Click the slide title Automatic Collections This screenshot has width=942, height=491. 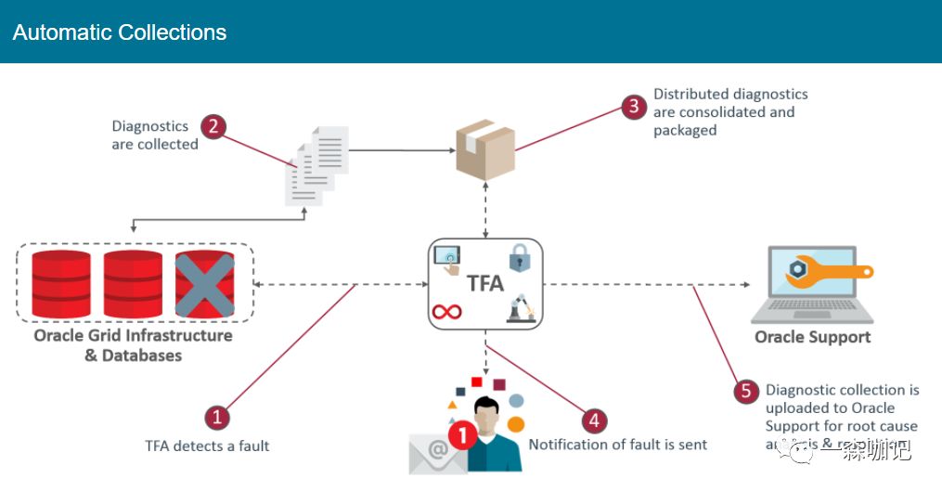point(120,32)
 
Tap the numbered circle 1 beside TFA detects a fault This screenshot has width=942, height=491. point(215,418)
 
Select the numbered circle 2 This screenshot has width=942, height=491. point(213,125)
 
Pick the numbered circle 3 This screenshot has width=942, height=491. point(634,106)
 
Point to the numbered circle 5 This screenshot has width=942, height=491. point(745,392)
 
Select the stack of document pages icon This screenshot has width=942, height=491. point(316,165)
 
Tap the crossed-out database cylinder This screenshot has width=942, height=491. point(204,284)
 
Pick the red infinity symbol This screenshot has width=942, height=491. point(446,312)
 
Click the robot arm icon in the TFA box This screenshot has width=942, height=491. point(520,309)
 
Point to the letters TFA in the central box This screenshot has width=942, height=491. point(484,282)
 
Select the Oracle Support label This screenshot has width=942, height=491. point(812,336)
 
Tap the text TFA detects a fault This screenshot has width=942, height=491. point(207,446)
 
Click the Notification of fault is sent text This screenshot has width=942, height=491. point(618,445)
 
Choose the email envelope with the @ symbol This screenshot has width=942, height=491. point(433,454)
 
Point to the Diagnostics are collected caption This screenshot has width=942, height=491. point(155,135)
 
